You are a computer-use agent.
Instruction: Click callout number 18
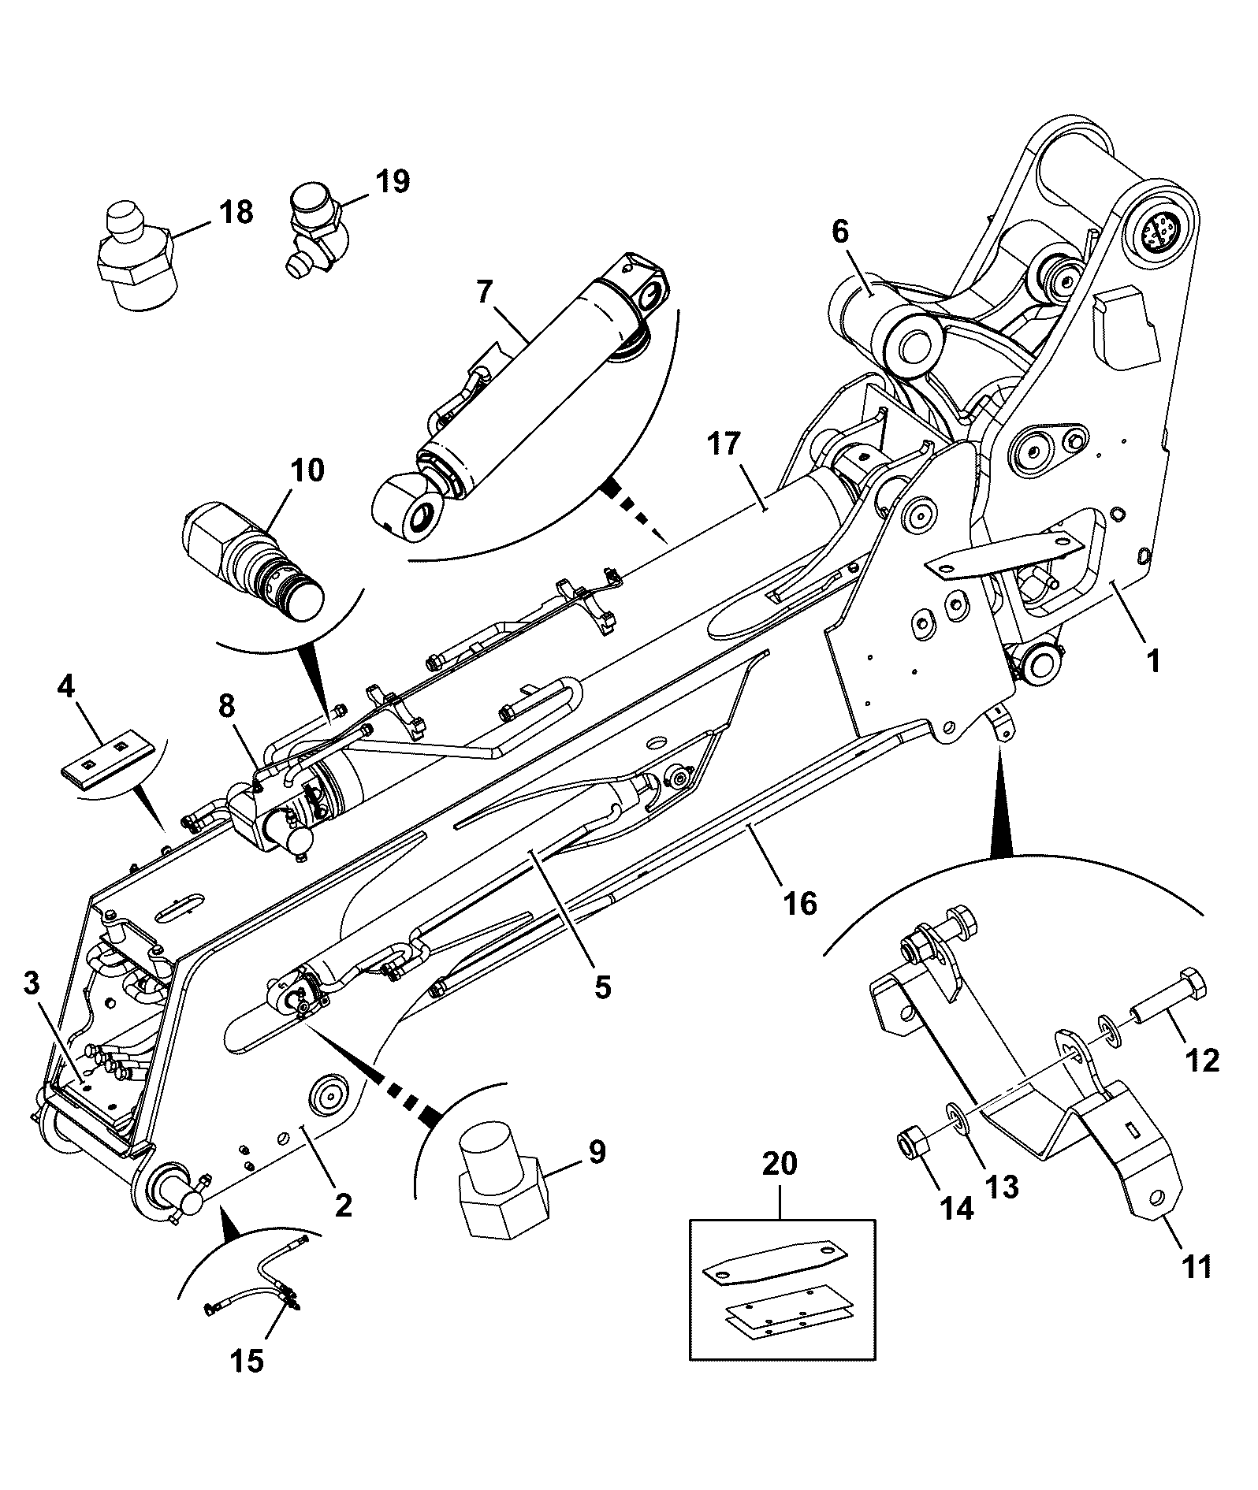[x=235, y=212]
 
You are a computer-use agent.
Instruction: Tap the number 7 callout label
[x=484, y=293]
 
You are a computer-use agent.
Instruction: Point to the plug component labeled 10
[x=253, y=562]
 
